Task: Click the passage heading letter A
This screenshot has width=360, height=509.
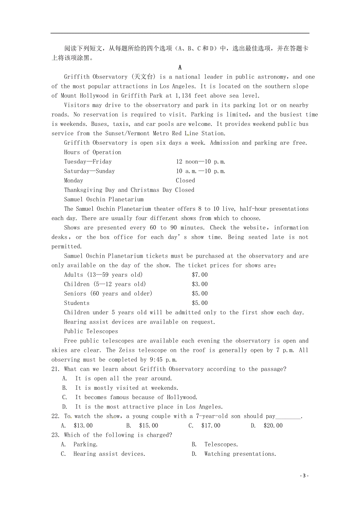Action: [180, 67]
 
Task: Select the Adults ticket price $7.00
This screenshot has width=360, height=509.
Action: [200, 275]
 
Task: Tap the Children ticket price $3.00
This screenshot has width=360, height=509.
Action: [200, 284]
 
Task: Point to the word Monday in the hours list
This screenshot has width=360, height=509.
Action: [74, 181]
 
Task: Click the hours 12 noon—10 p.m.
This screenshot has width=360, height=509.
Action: [200, 161]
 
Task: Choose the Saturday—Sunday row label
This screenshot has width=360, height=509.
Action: [89, 171]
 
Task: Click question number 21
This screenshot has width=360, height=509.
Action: [56, 369]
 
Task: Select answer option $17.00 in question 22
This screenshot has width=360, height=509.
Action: [211, 426]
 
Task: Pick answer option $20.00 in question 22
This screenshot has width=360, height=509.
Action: [273, 426]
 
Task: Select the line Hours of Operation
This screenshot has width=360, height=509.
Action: [92, 152]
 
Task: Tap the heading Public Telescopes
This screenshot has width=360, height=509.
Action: [91, 332]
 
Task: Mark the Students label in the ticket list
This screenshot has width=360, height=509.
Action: [77, 303]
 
